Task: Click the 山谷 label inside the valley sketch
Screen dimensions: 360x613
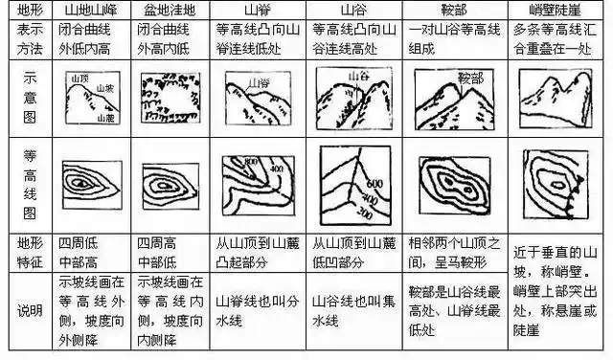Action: coord(355,72)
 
